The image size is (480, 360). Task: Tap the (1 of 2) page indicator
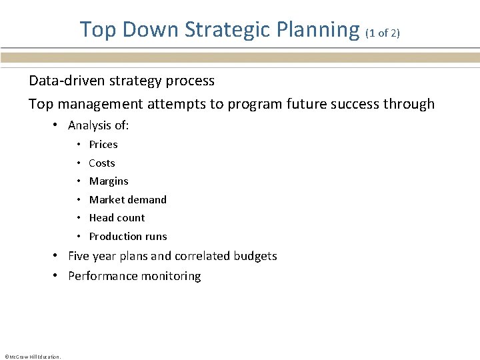pyautogui.click(x=383, y=33)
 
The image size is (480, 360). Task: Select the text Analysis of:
pyautogui.click(x=99, y=125)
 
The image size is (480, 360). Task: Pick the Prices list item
pyautogui.click(x=103, y=145)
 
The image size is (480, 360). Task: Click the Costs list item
pyautogui.click(x=102, y=163)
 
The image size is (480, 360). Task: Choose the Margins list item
pyautogui.click(x=109, y=181)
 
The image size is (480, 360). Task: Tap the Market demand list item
pyautogui.click(x=128, y=200)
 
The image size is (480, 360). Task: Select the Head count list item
pyautogui.click(x=117, y=218)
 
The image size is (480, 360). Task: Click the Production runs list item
pyautogui.click(x=128, y=237)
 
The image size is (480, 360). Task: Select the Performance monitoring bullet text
pyautogui.click(x=134, y=277)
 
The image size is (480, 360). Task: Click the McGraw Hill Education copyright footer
pyautogui.click(x=33, y=357)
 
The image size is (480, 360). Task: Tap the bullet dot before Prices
pyautogui.click(x=79, y=145)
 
